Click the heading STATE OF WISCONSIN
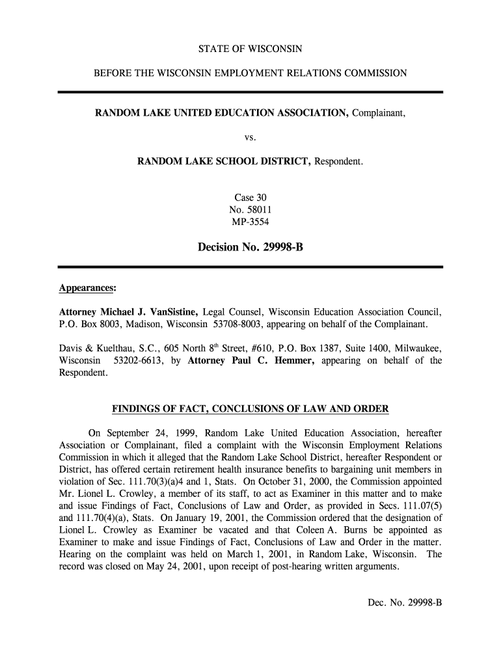251,49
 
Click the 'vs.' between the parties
251,137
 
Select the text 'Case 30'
251,197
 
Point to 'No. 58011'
251,209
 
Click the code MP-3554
251,222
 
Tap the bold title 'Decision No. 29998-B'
251,247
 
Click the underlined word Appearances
87,287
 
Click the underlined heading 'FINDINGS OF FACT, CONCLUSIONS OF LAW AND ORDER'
251,409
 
